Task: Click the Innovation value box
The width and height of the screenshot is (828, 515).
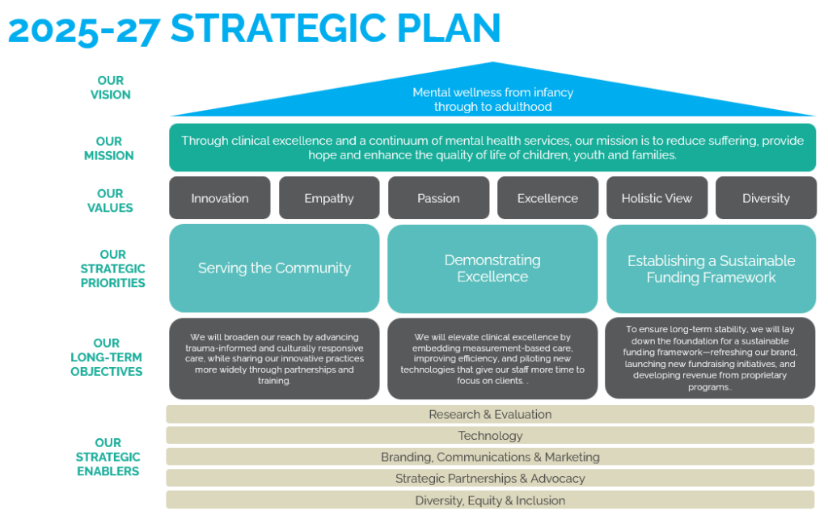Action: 220,198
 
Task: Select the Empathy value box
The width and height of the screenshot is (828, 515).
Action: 329,198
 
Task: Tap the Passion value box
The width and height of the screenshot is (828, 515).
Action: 438,198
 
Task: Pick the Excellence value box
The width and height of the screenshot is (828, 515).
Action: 547,198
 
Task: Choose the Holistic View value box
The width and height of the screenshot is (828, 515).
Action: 657,198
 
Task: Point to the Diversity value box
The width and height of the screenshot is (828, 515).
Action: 766,198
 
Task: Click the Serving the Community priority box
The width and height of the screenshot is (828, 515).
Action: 274,268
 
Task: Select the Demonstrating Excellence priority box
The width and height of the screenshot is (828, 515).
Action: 492,268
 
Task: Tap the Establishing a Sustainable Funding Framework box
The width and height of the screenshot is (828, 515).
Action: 711,268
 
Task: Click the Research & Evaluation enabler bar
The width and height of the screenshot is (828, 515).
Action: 490,414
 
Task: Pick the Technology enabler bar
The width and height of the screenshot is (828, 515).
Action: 490,436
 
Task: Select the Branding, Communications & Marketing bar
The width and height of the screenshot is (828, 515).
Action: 490,457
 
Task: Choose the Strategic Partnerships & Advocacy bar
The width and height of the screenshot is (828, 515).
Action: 490,478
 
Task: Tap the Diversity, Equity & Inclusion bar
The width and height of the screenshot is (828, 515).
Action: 490,500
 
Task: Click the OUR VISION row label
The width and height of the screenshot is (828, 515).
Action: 111,87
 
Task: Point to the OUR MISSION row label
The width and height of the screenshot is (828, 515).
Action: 109,149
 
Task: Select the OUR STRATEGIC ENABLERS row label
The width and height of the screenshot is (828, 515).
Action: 108,457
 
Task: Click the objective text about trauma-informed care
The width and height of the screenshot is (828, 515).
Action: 274,358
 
